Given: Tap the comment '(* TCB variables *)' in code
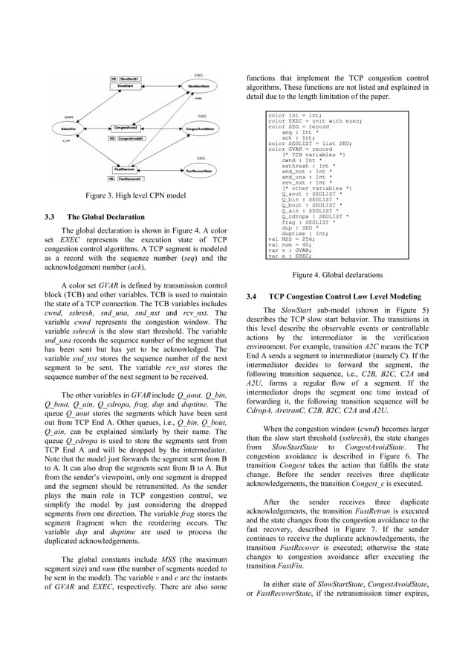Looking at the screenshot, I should (x=310, y=152).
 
